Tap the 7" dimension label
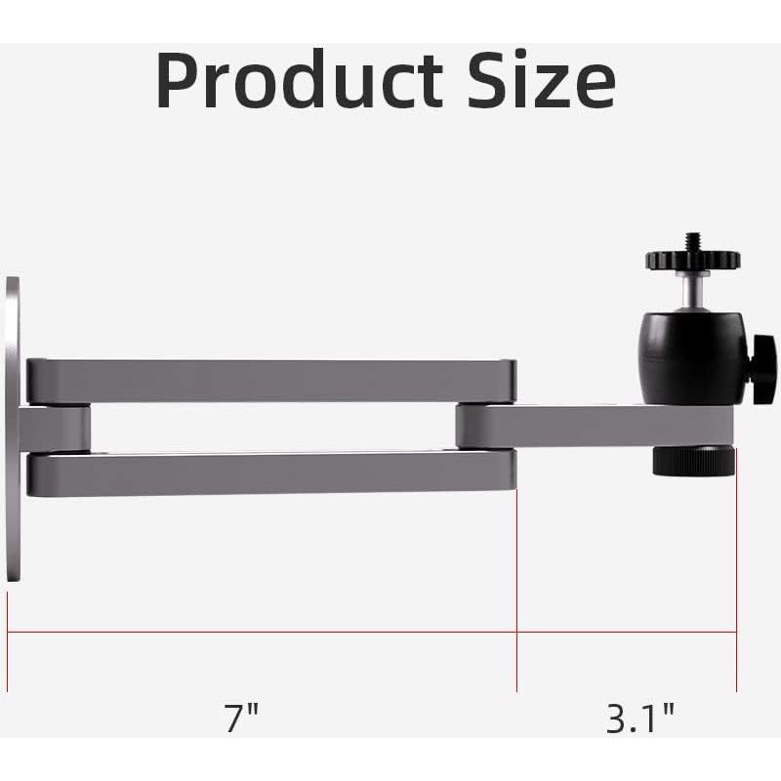(242, 719)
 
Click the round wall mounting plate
(12, 430)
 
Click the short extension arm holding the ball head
(586, 426)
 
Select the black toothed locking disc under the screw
(692, 261)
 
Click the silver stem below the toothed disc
(692, 291)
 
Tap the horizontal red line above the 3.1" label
(626, 633)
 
